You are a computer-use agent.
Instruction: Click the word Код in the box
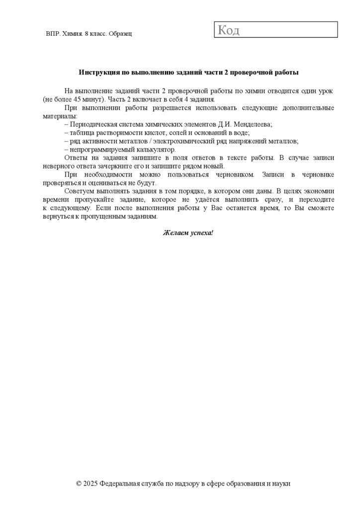[x=229, y=30]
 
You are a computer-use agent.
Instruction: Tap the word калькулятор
[x=154, y=149]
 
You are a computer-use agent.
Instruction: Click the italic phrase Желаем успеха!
[x=187, y=233]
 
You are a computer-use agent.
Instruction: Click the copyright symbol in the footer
[x=79, y=483]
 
